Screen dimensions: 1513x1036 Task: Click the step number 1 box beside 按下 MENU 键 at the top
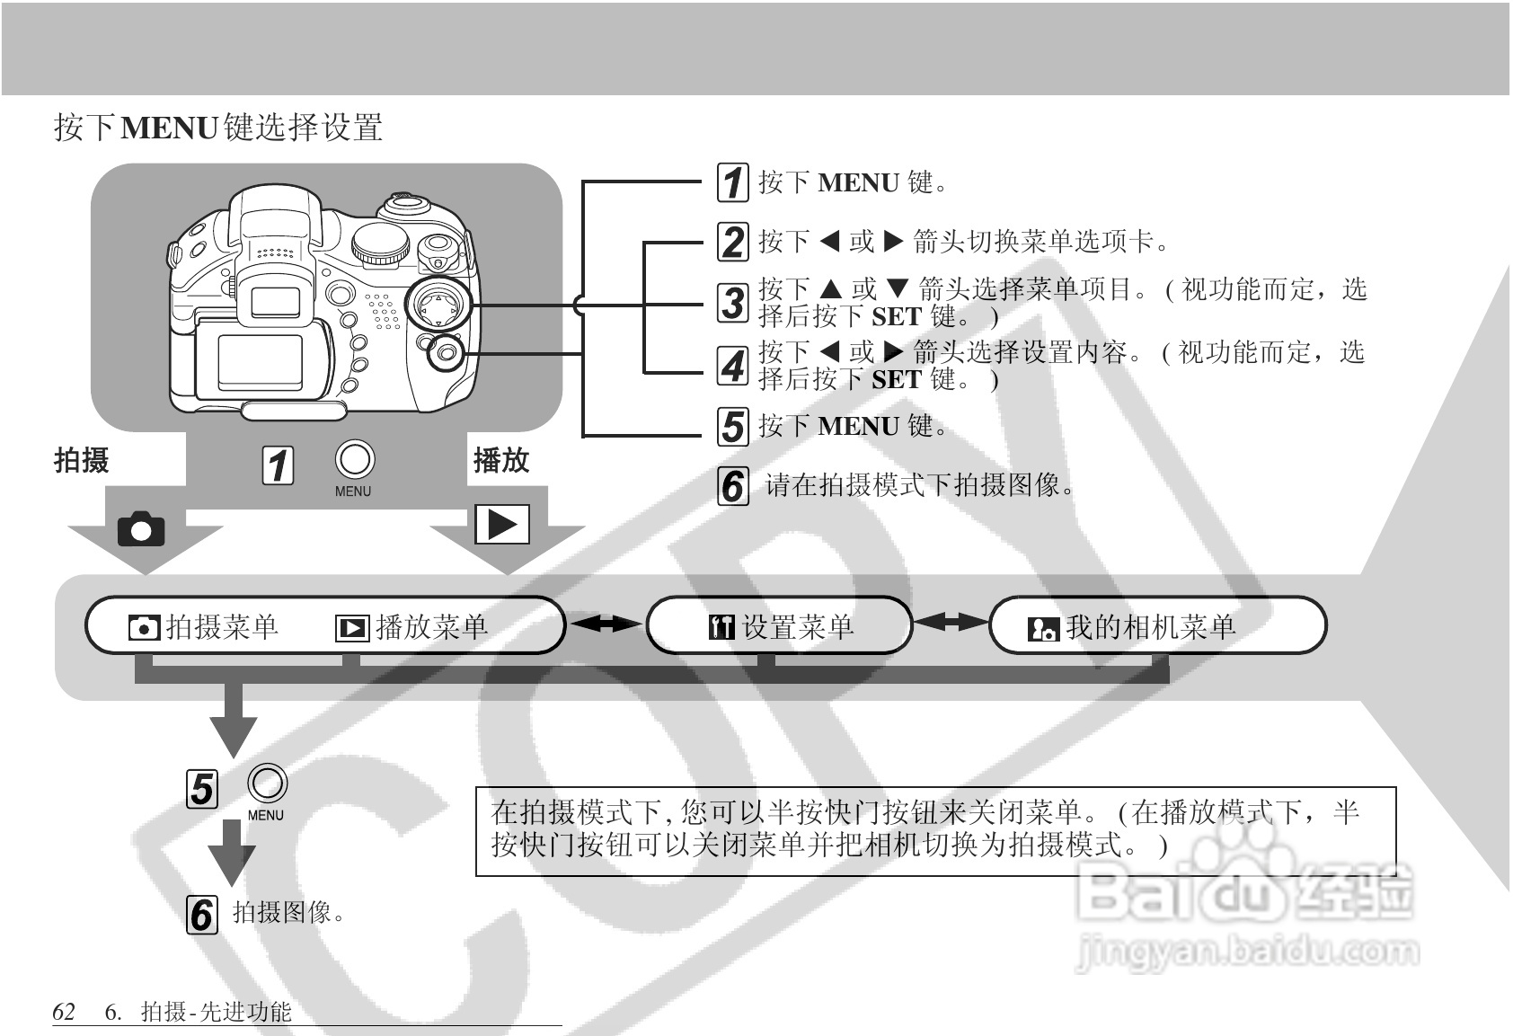(732, 182)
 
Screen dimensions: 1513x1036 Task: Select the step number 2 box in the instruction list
(732, 242)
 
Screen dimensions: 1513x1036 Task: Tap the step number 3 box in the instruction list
(732, 303)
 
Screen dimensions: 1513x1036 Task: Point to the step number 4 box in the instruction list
(732, 365)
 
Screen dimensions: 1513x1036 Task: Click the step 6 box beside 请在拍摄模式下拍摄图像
(732, 486)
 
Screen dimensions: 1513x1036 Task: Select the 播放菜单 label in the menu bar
(431, 627)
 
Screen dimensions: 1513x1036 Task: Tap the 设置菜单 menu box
(780, 626)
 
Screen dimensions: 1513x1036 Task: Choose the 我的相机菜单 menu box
(1157, 626)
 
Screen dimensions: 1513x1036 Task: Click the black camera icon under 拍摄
(142, 529)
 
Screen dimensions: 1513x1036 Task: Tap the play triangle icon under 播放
(501, 525)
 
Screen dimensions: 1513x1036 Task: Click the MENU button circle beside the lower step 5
(267, 784)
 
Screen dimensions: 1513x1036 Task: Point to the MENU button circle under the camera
(354, 459)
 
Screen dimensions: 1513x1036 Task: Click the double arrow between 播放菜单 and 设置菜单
(607, 623)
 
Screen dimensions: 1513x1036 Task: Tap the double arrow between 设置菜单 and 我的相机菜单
(951, 621)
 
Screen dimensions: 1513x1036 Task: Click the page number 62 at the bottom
(64, 1012)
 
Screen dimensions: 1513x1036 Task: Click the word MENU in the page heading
(170, 128)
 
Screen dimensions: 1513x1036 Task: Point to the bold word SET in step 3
(897, 316)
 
